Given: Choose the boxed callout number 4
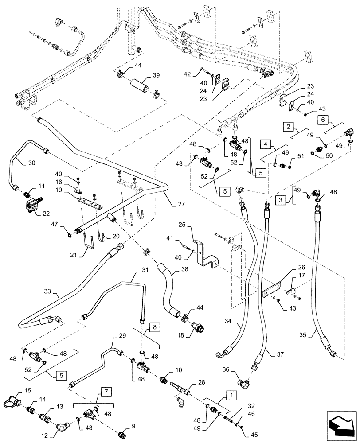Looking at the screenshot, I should pos(265,144).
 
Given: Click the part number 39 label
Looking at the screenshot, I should pos(168,75).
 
